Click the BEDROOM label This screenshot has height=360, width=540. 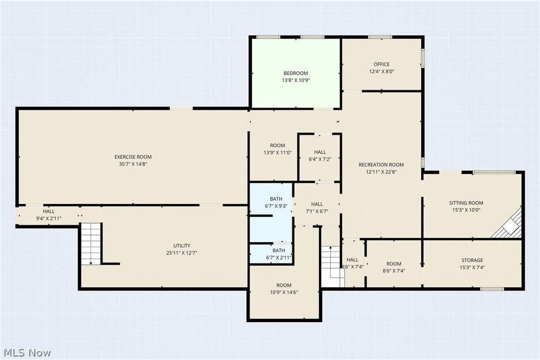[x=295, y=73]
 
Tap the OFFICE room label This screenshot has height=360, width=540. [x=382, y=64]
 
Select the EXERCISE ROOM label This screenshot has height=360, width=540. [x=133, y=157]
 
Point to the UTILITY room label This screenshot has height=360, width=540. [x=181, y=246]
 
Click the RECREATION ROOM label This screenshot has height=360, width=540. [x=381, y=164]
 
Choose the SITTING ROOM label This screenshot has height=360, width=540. [x=466, y=203]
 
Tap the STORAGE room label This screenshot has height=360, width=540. [x=472, y=260]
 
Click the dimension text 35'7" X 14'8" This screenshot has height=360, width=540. [x=133, y=164]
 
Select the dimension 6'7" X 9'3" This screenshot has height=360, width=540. [x=276, y=206]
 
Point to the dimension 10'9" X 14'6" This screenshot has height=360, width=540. [x=284, y=292]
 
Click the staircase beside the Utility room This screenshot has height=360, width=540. [x=91, y=244]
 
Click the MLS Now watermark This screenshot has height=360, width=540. [x=27, y=353]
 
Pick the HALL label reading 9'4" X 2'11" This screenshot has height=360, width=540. [x=49, y=211]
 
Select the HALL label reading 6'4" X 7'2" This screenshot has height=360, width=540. [x=320, y=152]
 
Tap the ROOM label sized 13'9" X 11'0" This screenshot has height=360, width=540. [x=277, y=145]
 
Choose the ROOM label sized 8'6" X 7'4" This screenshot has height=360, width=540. [x=393, y=264]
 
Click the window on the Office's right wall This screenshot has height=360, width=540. [x=423, y=58]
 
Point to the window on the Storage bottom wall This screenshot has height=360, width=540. [x=492, y=289]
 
